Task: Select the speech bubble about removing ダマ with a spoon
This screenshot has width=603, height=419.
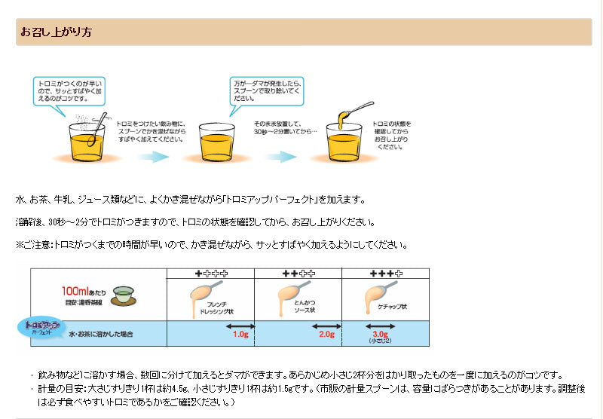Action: (x=266, y=90)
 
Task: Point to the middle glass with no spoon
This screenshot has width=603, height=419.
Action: (x=217, y=142)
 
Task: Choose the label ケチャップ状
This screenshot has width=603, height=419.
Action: (x=392, y=307)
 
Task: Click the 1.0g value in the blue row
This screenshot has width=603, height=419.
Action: (x=240, y=334)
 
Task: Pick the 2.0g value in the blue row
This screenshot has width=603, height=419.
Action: (x=326, y=334)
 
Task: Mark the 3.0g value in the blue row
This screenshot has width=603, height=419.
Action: (x=380, y=333)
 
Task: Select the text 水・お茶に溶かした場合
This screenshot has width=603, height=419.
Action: (x=103, y=333)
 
